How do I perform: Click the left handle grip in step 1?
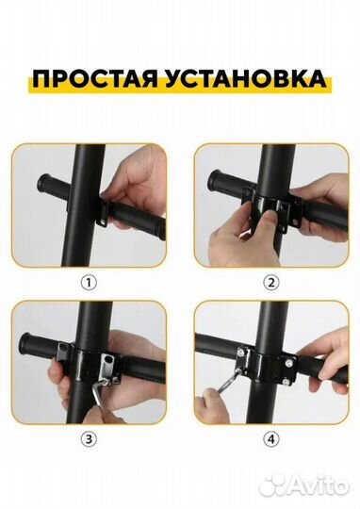coord(56,184)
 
